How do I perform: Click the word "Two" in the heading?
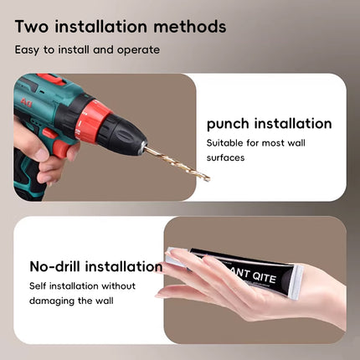coord(32,27)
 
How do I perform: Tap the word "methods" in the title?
coord(190,27)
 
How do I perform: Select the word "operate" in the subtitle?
coord(138,50)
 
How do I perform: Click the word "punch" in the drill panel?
coord(228,124)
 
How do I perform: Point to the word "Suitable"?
coord(224,143)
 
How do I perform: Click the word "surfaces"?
coord(225,157)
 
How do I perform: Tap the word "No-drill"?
coord(55,266)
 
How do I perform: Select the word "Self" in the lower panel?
coord(38,285)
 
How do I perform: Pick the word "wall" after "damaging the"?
coord(105,301)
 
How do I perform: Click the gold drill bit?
coord(177,163)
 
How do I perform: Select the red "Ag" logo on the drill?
coord(26,102)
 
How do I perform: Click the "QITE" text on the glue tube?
coord(264,276)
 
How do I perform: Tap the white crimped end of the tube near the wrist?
coord(296,282)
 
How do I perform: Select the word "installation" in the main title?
coord(100,27)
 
